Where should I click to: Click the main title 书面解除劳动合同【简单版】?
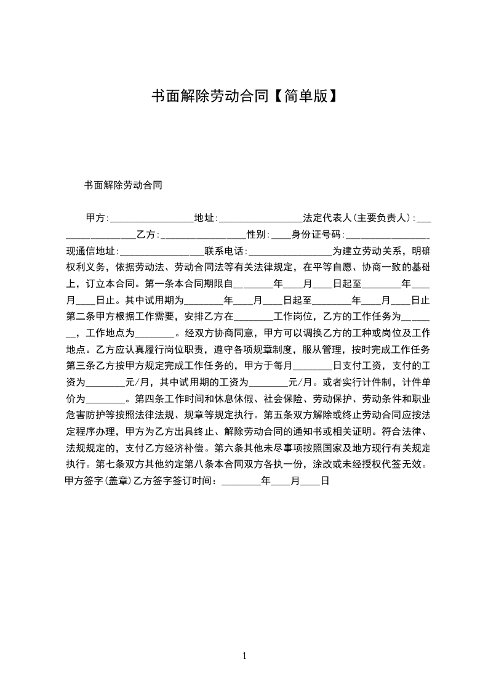coord(244,96)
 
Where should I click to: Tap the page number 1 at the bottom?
coord(244,656)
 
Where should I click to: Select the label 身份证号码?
coord(315,235)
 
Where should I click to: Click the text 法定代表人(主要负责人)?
coord(358,218)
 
